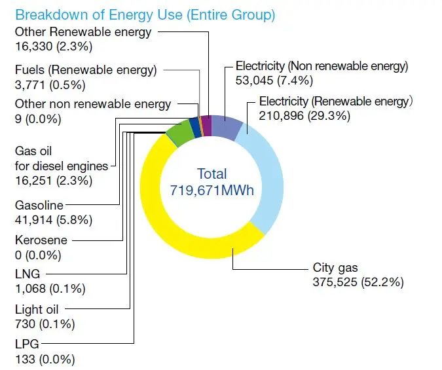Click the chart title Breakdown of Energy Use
click(145, 14)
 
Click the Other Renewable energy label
click(83, 31)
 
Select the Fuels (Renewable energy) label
click(86, 69)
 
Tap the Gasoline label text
click(39, 206)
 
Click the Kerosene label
click(41, 240)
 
